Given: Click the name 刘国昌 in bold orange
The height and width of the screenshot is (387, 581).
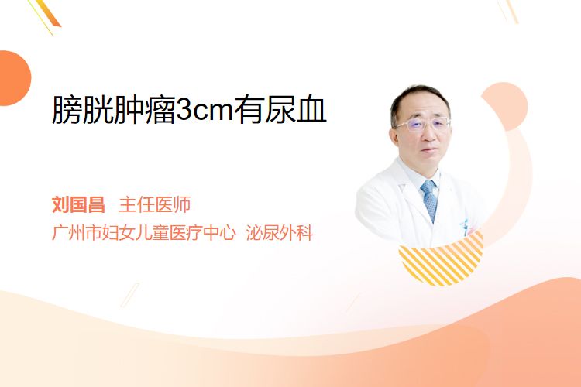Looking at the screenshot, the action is coord(78,204).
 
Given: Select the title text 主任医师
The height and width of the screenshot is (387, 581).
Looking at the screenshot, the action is coord(154,204).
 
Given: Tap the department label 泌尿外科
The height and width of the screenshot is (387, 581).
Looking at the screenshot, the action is coord(280,232).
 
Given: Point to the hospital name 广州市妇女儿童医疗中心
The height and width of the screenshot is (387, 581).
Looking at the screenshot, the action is coord(144,232).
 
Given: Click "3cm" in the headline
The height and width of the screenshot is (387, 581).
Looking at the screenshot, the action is coord(205,111).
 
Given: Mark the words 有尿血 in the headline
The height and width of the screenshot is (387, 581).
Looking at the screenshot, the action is coord(280,110).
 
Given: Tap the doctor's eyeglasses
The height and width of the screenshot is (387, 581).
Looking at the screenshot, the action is coord(422,125).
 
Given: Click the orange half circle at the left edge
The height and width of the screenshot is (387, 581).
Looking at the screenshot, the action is coord(14,78).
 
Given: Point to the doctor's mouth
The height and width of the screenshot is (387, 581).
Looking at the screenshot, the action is coord(430,150).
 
